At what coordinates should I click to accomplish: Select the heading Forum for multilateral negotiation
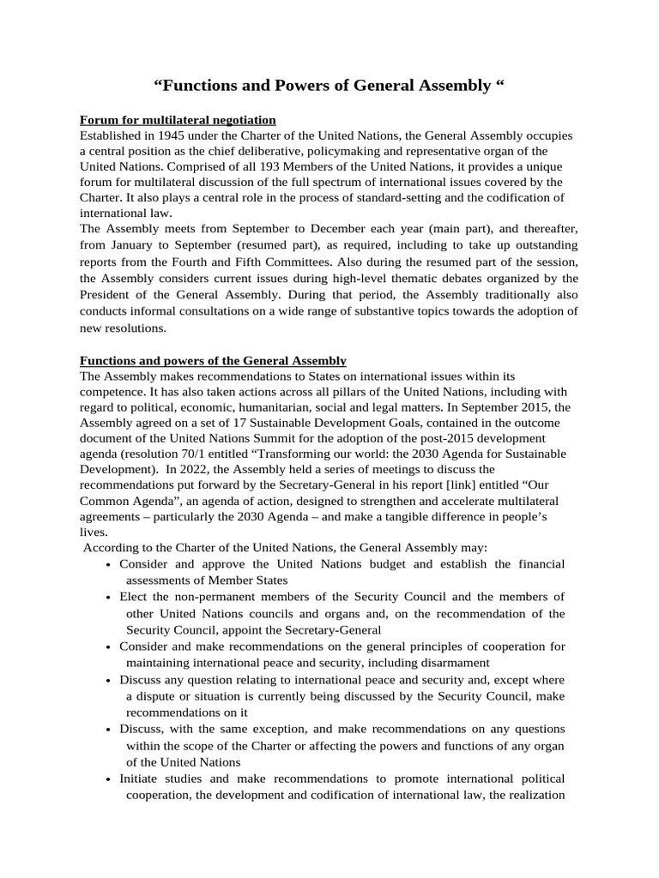178,120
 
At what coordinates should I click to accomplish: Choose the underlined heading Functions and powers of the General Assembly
213,360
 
